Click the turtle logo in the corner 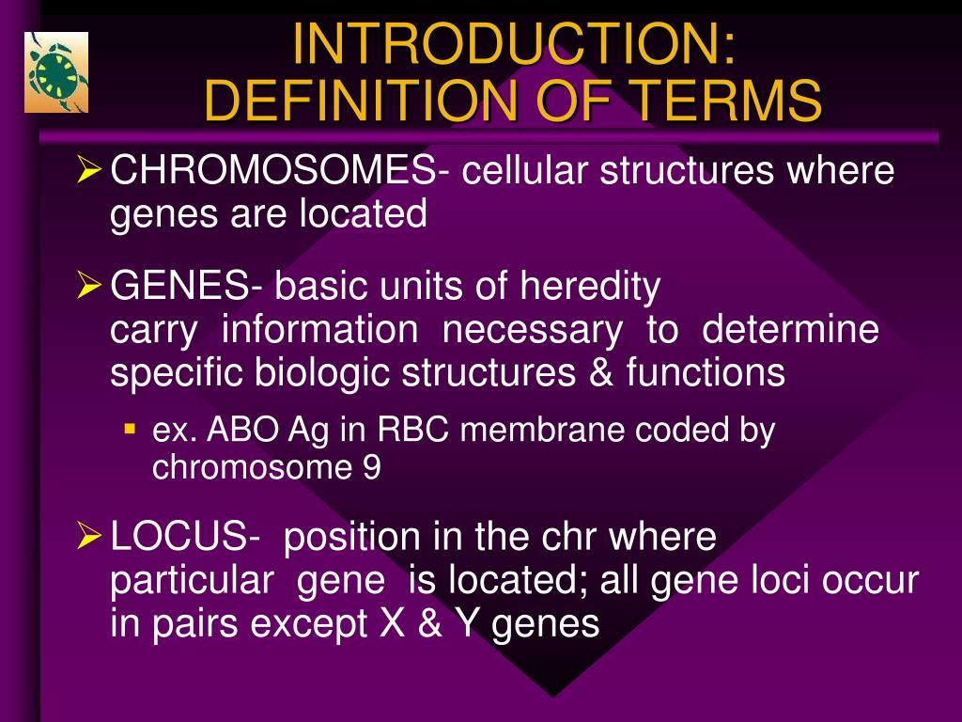click(x=55, y=72)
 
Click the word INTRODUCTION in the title click(x=513, y=43)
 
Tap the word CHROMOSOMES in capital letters click(x=272, y=172)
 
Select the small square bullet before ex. click(x=130, y=428)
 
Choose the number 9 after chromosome click(x=372, y=467)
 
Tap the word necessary click(x=532, y=330)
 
